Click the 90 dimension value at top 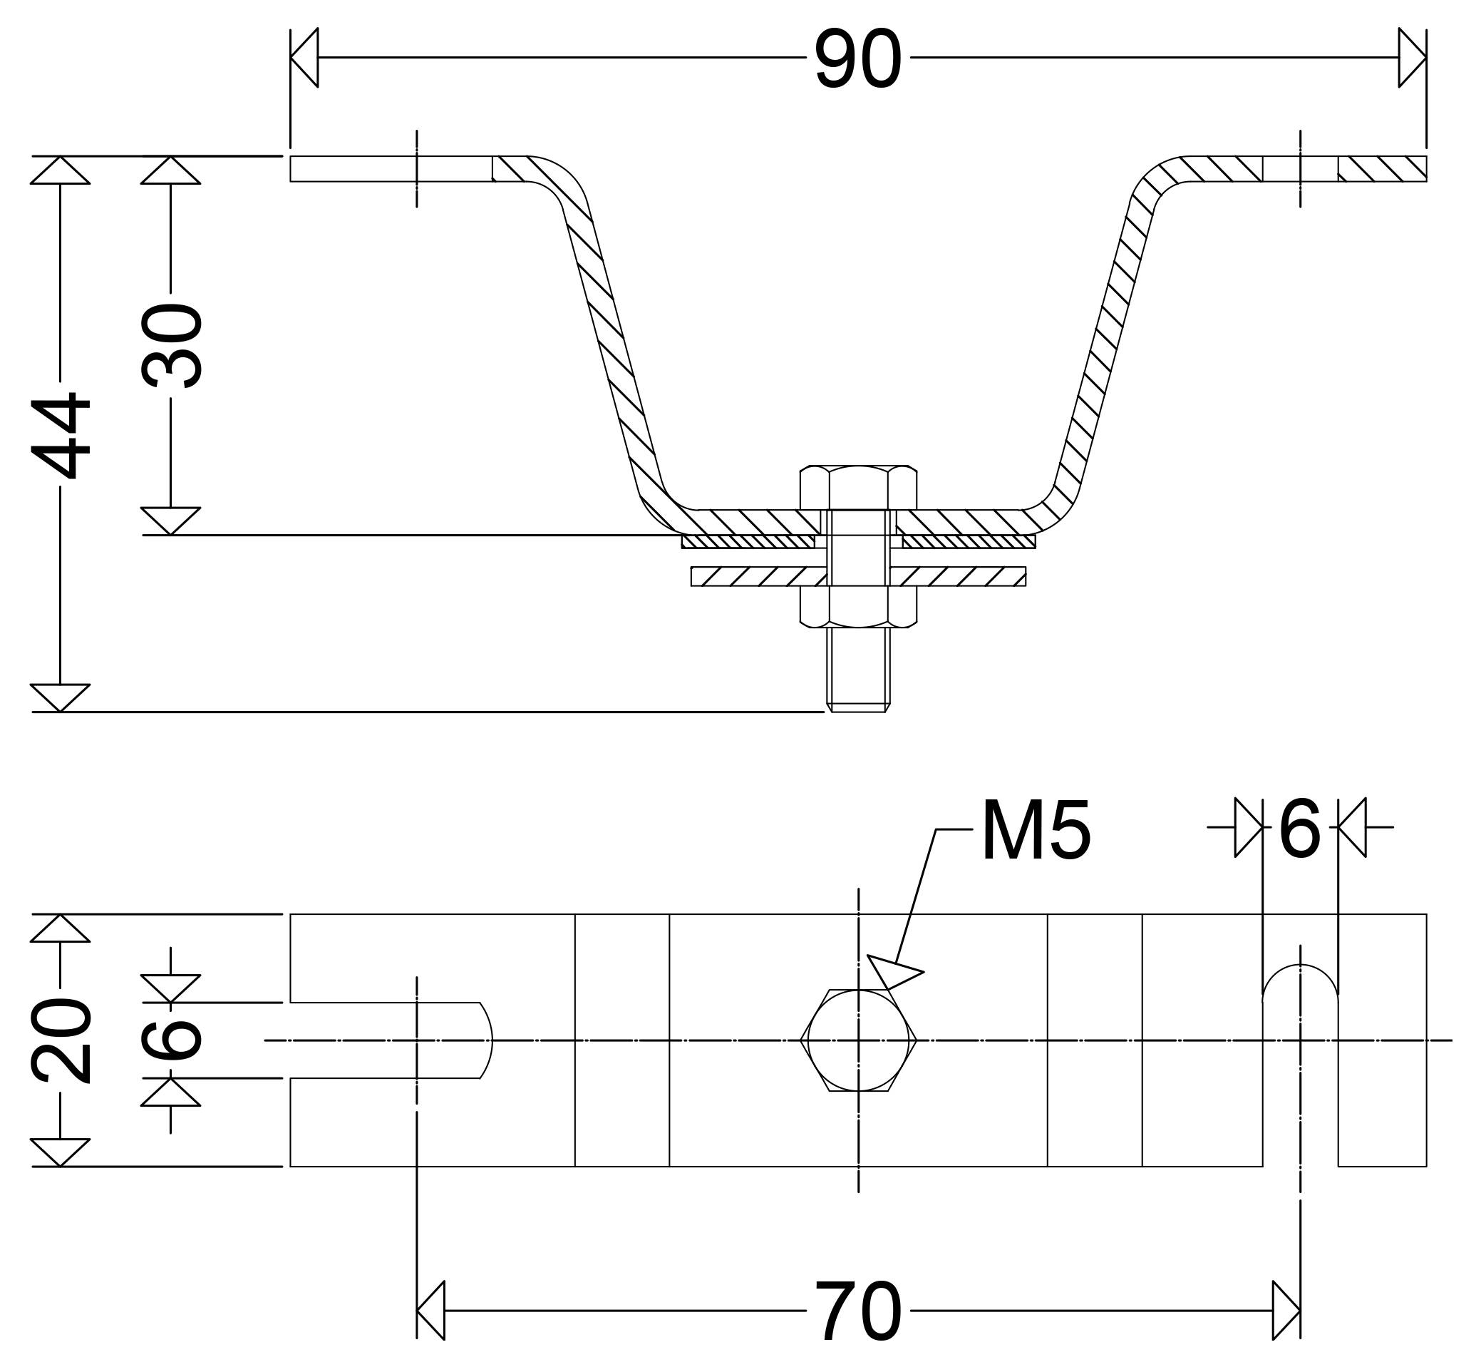(857, 58)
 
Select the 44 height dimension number (61, 436)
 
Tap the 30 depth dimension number (172, 345)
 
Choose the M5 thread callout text (1036, 830)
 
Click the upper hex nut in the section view (858, 488)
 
